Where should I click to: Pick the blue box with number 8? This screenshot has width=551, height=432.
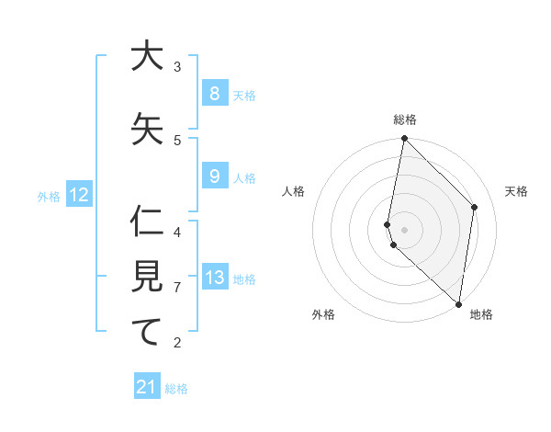point(214,94)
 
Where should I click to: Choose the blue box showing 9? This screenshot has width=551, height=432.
point(214,176)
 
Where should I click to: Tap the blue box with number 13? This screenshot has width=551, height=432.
point(214,278)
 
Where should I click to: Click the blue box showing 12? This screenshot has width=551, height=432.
point(78,195)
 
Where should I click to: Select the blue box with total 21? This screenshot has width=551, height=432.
point(147,387)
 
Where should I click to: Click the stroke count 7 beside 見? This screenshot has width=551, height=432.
point(177,288)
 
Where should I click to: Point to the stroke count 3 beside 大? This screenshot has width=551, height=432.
point(177,67)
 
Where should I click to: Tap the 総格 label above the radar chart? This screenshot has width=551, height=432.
point(405,119)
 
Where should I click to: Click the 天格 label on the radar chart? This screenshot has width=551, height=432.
point(516,191)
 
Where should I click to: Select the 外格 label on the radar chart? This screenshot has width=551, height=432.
point(323,314)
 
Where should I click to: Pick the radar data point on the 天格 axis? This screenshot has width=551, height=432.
point(475,207)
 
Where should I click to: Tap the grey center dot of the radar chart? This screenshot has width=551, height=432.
point(405,229)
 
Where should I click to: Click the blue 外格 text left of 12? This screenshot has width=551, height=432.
point(49,196)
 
